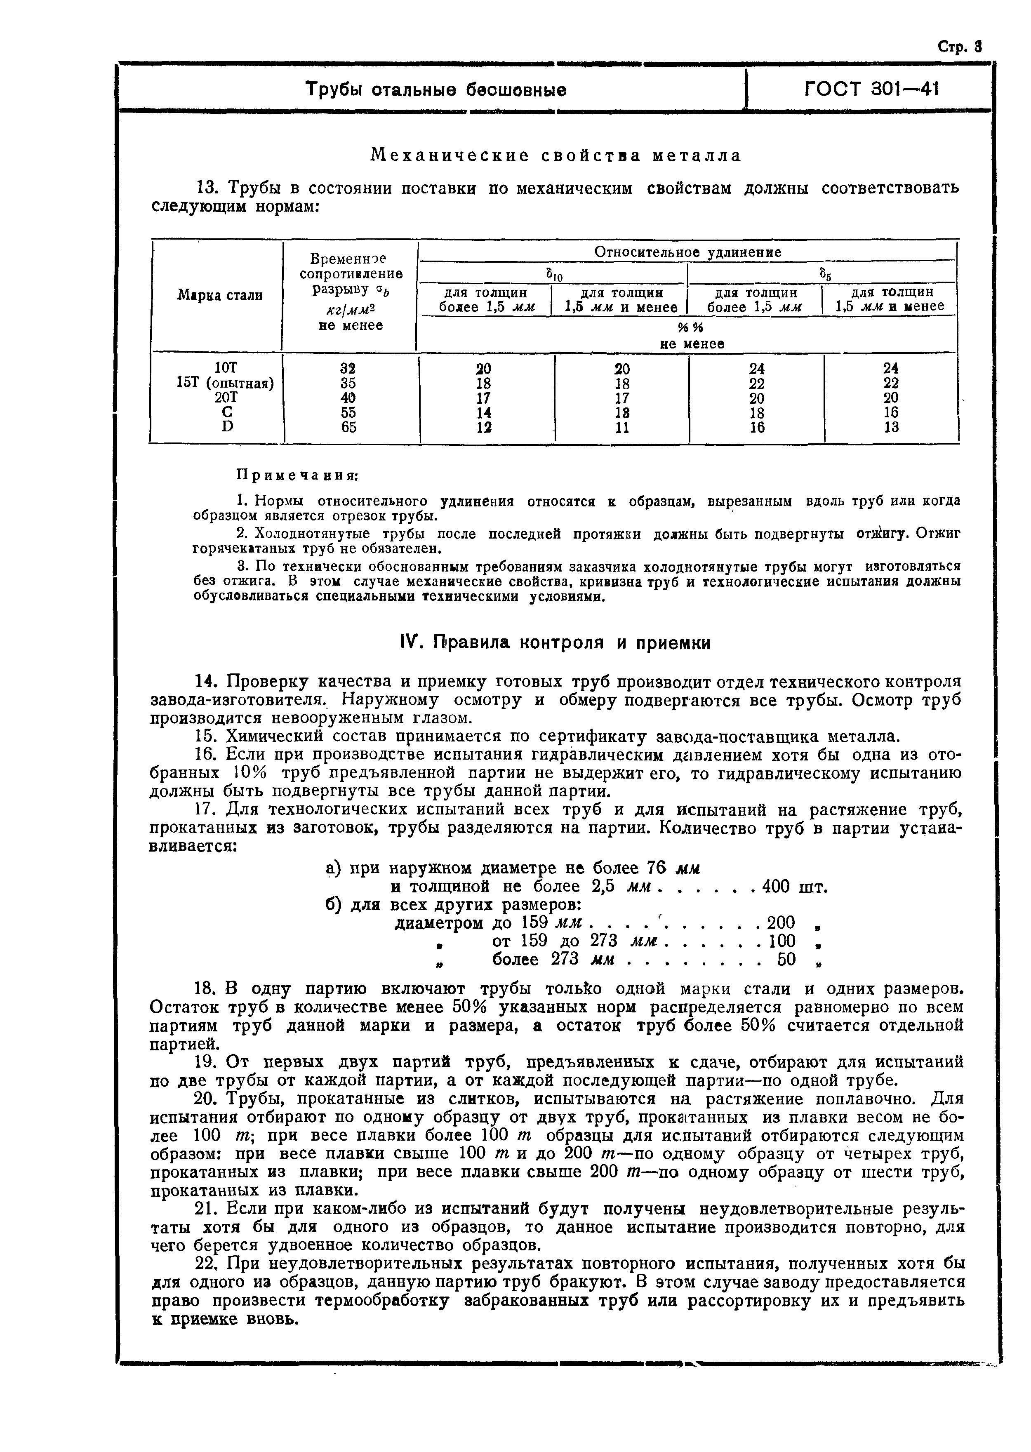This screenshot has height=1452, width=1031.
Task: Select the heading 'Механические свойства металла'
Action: click(x=556, y=155)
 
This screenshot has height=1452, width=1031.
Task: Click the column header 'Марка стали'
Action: click(x=220, y=295)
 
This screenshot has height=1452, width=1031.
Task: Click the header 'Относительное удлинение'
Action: click(x=687, y=252)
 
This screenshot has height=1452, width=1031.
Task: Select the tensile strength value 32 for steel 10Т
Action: click(x=348, y=369)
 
